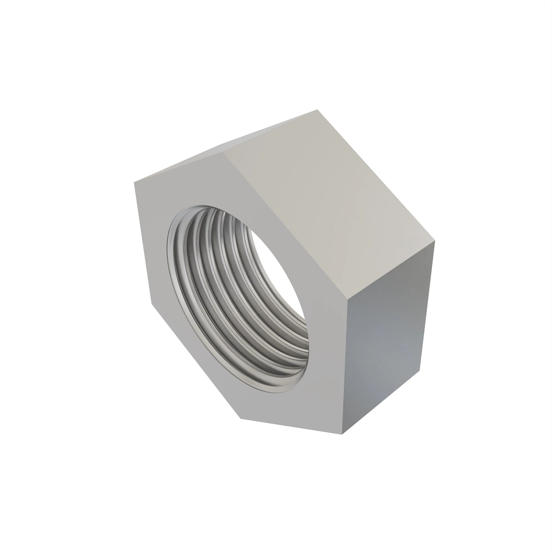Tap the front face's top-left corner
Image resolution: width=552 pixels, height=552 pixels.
click(135, 183)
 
